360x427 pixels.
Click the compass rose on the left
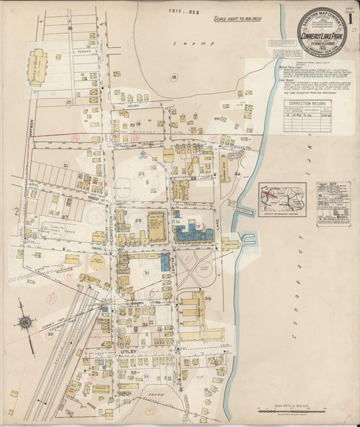[x=26, y=322]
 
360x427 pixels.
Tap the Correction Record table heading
[x=299, y=103]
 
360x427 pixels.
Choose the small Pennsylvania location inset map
[x=282, y=199]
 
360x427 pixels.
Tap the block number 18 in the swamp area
[x=174, y=78]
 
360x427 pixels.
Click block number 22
[x=141, y=174]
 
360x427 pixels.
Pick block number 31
[x=147, y=272]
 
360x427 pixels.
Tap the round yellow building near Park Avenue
[x=98, y=261]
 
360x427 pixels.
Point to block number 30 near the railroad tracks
[x=50, y=333]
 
